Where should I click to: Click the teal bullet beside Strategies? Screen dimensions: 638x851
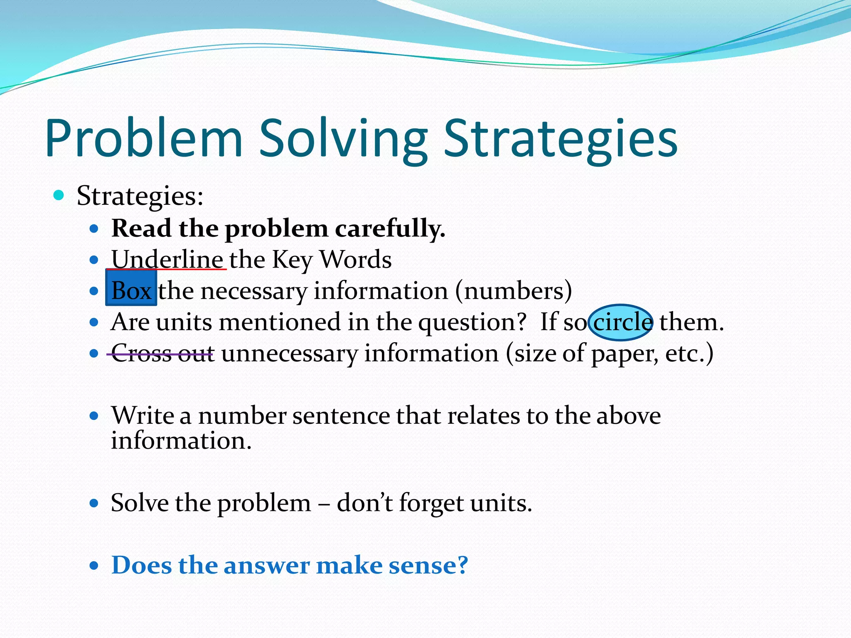pyautogui.click(x=59, y=195)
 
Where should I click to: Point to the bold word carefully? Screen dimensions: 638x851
pyautogui.click(x=390, y=229)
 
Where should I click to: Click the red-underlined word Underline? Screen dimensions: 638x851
pyautogui.click(x=167, y=260)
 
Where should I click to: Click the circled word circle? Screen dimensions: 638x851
pyautogui.click(x=621, y=322)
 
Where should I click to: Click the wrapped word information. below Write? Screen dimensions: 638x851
pyautogui.click(x=181, y=441)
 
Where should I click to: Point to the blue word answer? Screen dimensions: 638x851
pyautogui.click(x=266, y=566)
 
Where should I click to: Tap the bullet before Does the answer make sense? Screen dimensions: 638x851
pyautogui.click(x=94, y=566)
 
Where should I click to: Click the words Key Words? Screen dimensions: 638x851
pyautogui.click(x=332, y=260)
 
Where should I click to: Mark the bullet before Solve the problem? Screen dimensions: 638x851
pyautogui.click(x=94, y=504)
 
